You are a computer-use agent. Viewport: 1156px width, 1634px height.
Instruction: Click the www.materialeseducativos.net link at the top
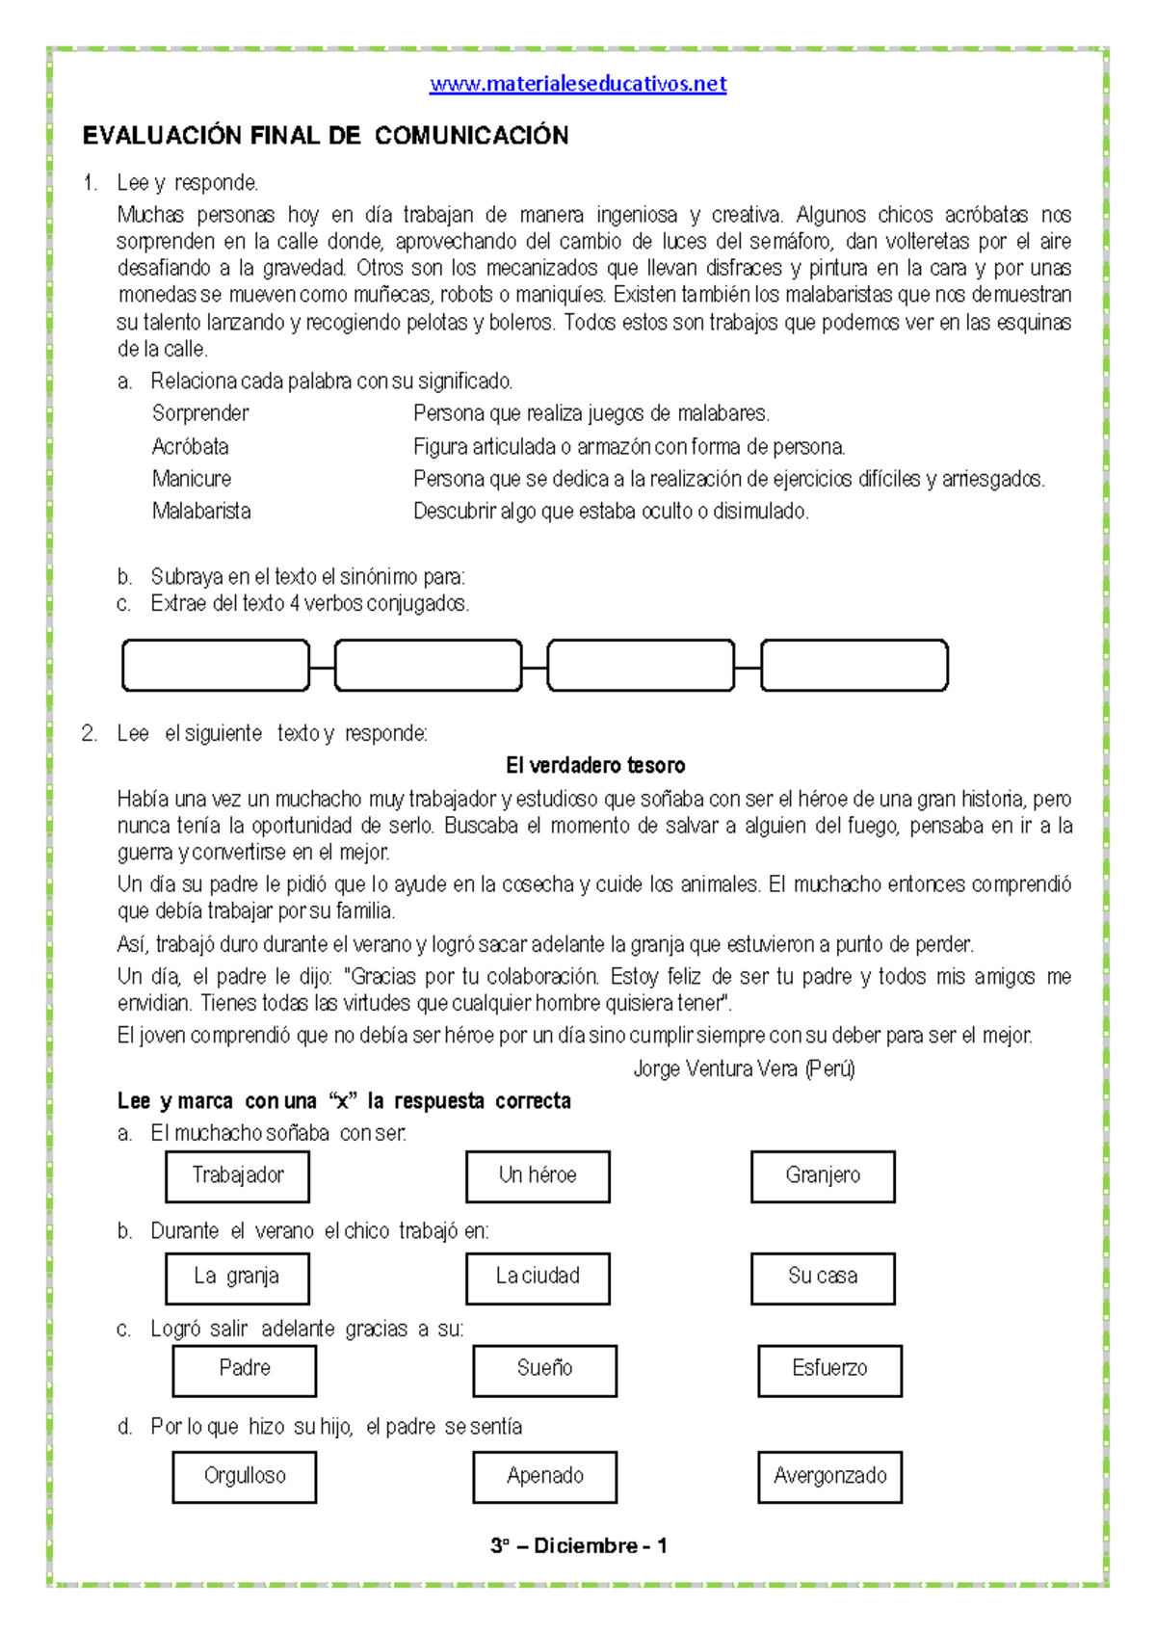tap(578, 84)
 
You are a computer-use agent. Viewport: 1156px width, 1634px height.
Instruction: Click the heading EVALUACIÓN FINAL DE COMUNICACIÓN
tap(326, 136)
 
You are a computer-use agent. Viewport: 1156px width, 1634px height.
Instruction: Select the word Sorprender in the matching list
tap(200, 413)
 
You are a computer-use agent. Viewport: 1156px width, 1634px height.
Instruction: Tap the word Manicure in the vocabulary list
tap(192, 479)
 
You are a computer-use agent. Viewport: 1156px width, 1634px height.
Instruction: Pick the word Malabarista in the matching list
tap(201, 512)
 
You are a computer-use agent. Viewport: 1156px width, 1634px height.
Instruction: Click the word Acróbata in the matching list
tap(191, 447)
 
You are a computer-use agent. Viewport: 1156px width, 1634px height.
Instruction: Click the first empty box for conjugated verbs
tap(216, 666)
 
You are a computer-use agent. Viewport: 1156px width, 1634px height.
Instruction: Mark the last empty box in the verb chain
tap(854, 666)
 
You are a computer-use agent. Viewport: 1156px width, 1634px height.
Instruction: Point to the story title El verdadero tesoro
tap(595, 766)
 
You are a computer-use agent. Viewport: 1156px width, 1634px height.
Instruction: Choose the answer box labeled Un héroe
tap(538, 1176)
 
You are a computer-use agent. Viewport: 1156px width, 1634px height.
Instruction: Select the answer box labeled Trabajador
tap(237, 1176)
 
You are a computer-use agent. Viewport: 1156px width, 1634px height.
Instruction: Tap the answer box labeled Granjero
tap(823, 1176)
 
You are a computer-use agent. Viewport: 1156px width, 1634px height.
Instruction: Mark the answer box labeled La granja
tap(237, 1278)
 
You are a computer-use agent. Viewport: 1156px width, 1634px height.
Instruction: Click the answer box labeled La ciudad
tap(538, 1278)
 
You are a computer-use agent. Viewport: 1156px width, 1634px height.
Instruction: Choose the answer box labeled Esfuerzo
tap(829, 1370)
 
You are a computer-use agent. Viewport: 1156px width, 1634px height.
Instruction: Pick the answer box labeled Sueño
tap(544, 1370)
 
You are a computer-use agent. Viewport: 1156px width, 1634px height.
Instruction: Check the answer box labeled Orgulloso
tap(245, 1477)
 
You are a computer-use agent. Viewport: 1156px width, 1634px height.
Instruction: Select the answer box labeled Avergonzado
tap(829, 1477)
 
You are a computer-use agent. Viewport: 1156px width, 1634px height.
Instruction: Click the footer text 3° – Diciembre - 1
tap(578, 1546)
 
